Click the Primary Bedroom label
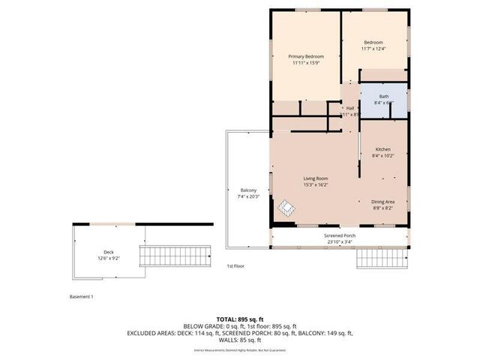[x=305, y=56]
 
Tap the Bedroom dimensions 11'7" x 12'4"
[x=373, y=49]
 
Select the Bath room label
[x=384, y=97]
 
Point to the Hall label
[x=349, y=108]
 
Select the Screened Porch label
[x=340, y=235]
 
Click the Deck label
[x=108, y=252]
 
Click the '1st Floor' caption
[x=235, y=266]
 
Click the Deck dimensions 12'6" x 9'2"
[x=108, y=259]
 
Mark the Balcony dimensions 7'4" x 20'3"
[x=248, y=196]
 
